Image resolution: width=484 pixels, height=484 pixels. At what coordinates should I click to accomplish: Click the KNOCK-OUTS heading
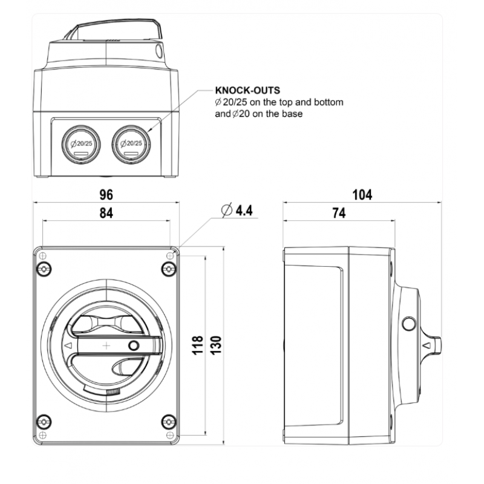247,90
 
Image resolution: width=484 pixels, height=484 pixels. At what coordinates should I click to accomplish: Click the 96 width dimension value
106,195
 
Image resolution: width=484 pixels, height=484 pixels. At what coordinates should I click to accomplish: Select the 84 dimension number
106,213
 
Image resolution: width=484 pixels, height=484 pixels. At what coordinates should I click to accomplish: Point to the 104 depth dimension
362,195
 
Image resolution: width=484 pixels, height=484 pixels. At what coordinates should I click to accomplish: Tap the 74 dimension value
339,213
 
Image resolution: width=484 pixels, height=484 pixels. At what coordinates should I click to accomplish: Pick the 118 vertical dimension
198,345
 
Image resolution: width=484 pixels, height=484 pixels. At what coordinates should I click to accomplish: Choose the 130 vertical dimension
216,345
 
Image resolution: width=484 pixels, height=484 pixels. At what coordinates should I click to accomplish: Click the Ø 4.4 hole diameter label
237,210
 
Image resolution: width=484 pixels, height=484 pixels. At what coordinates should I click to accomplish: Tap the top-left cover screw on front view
44,269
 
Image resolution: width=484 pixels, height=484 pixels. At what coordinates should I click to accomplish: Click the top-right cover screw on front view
169,269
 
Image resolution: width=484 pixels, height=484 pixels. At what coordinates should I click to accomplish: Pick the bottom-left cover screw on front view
44,422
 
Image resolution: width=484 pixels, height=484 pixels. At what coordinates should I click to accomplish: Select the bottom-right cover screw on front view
169,422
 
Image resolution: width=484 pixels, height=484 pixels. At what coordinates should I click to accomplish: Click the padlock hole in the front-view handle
134,345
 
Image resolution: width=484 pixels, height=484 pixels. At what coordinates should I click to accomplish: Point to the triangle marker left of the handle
68,345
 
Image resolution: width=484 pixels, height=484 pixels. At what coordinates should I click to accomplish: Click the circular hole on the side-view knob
409,324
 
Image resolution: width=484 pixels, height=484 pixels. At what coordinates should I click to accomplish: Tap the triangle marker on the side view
427,345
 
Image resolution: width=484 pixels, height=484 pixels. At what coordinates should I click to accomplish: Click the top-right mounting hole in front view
170,255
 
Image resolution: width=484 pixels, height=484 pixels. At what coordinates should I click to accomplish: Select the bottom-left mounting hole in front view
43,435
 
